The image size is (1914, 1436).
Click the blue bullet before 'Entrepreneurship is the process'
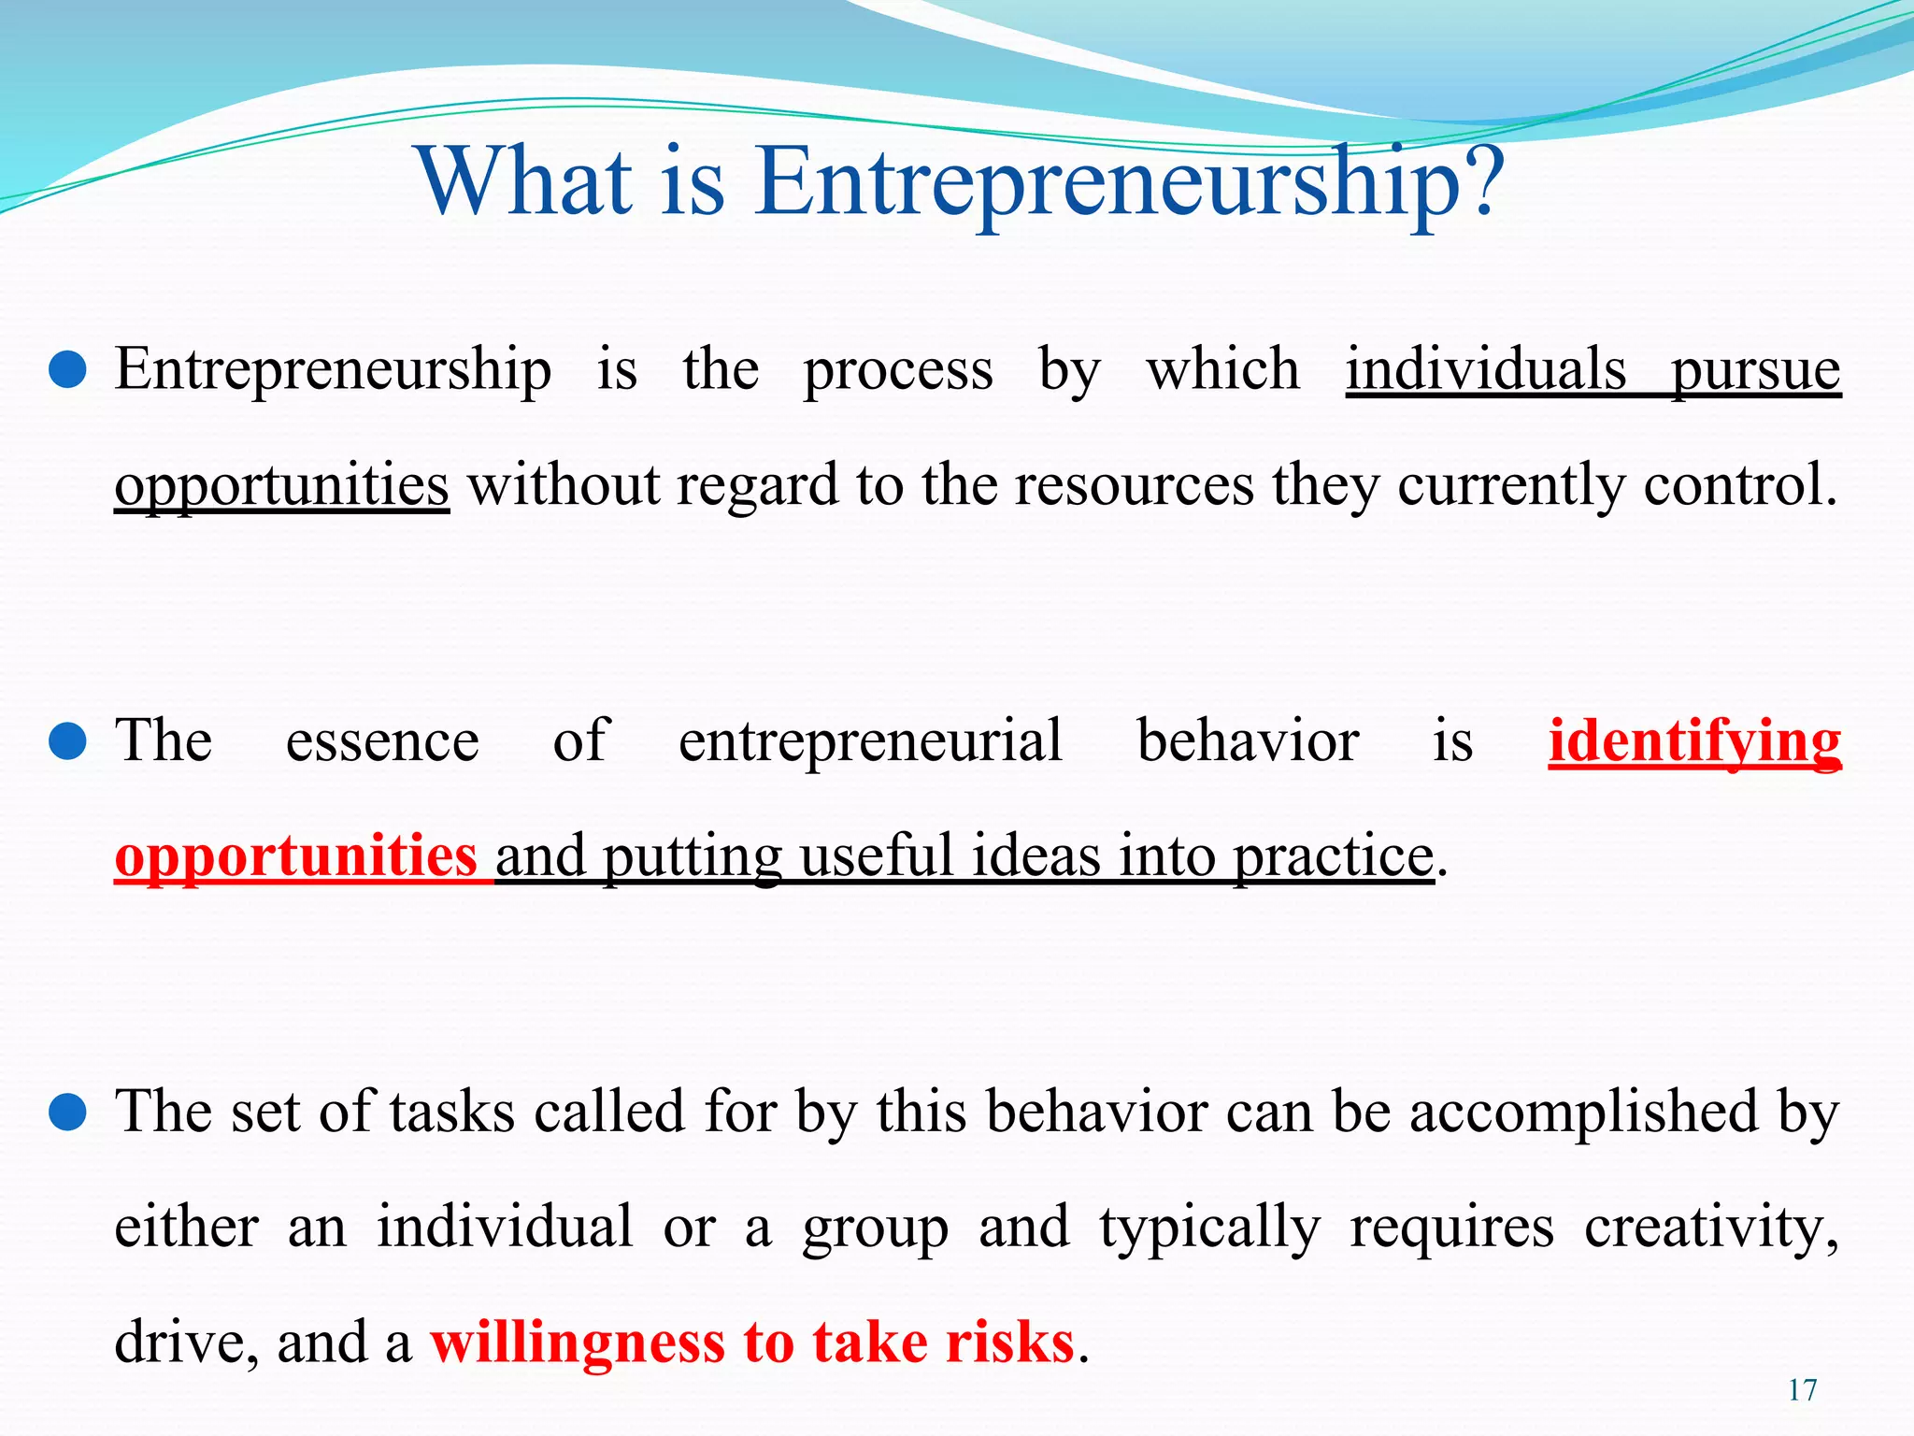[67, 370]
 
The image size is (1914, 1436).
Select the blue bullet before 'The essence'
[67, 742]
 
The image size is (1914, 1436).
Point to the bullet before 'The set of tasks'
[67, 1113]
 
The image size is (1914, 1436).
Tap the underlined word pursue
[1756, 370]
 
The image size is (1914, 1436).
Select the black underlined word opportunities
[281, 486]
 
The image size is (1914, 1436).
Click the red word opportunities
[295, 856]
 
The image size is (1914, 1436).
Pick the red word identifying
[1694, 742]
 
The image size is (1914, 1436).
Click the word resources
[1134, 486]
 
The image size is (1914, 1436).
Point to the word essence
[382, 742]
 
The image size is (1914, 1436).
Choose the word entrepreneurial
[870, 742]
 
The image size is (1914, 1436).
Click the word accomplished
[1583, 1113]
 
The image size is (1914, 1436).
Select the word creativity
[1711, 1227]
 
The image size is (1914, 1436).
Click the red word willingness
[578, 1343]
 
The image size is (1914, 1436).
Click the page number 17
[1802, 1390]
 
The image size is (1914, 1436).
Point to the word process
[898, 370]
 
